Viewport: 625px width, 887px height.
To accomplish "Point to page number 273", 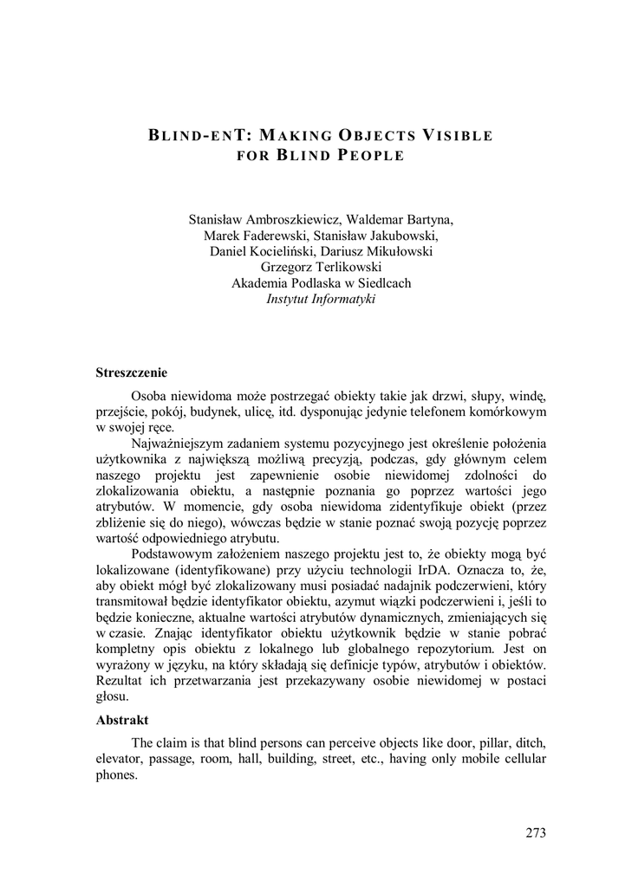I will point(535,833).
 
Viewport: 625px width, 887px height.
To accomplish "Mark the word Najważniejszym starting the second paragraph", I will point(180,443).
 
